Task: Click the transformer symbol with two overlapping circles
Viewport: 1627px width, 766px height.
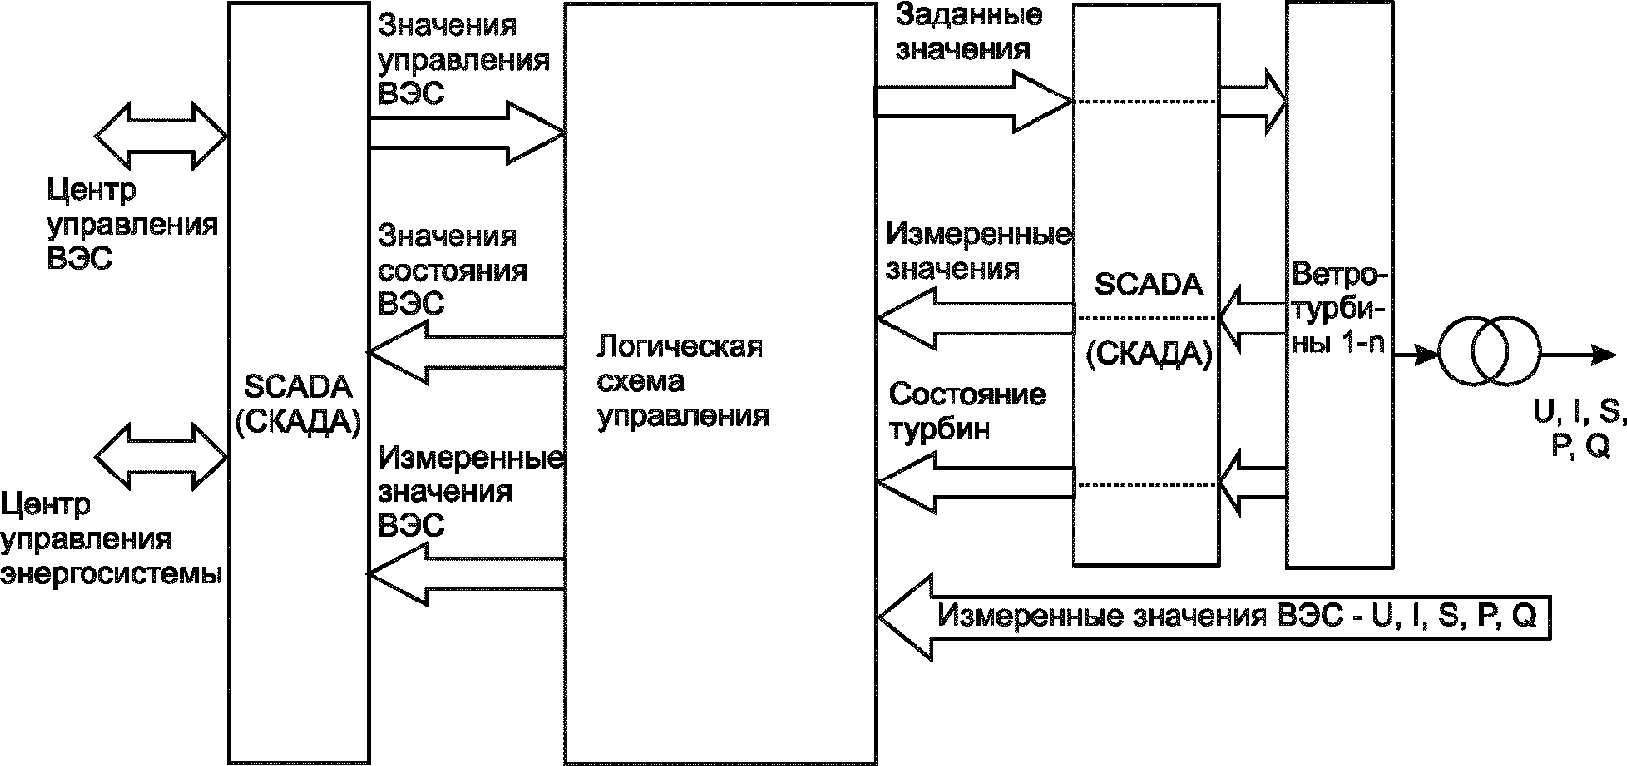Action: click(1489, 350)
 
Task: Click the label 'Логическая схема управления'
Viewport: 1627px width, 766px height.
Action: click(682, 382)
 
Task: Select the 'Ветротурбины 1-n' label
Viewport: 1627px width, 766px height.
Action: click(1340, 308)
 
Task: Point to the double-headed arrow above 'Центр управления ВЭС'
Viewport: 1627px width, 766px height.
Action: click(161, 136)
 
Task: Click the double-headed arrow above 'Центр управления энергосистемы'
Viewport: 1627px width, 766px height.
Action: click(161, 458)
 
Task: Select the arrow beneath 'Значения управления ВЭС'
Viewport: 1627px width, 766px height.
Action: click(467, 133)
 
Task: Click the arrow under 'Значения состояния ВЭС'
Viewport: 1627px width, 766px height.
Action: click(466, 352)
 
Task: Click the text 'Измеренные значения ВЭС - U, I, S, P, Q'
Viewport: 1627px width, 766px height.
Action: click(1236, 615)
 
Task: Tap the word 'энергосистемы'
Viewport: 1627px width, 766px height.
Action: click(111, 574)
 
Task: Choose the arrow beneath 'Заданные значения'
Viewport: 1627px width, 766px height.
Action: click(974, 101)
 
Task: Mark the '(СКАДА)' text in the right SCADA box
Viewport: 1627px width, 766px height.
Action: click(1149, 354)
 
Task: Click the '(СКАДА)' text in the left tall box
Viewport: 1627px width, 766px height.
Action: click(297, 422)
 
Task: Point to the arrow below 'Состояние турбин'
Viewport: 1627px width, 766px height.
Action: click(976, 482)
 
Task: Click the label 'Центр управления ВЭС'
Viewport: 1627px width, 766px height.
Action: click(131, 224)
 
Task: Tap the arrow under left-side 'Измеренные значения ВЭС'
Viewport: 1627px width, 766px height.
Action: click(466, 574)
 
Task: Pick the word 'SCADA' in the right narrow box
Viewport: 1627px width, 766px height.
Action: click(1149, 285)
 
